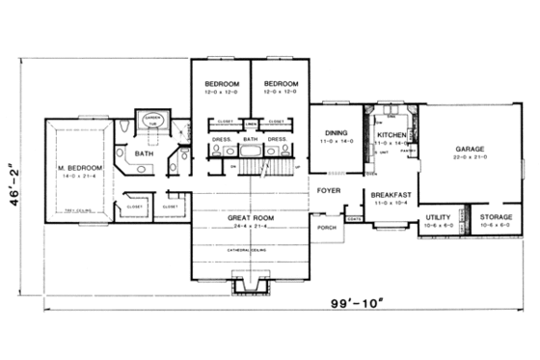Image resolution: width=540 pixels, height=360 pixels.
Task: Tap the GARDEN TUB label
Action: point(152,121)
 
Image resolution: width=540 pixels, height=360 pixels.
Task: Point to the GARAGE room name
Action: point(470,150)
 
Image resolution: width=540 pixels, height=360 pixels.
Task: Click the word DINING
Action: point(335,133)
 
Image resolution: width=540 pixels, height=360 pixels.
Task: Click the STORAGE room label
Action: point(497,218)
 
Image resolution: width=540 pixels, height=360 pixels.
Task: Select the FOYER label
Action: point(328,191)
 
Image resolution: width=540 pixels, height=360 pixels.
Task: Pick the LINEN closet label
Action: point(251,123)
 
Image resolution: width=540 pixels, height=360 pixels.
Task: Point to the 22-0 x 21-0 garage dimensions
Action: point(470,158)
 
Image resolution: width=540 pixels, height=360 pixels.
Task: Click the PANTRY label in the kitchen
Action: point(407,151)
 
